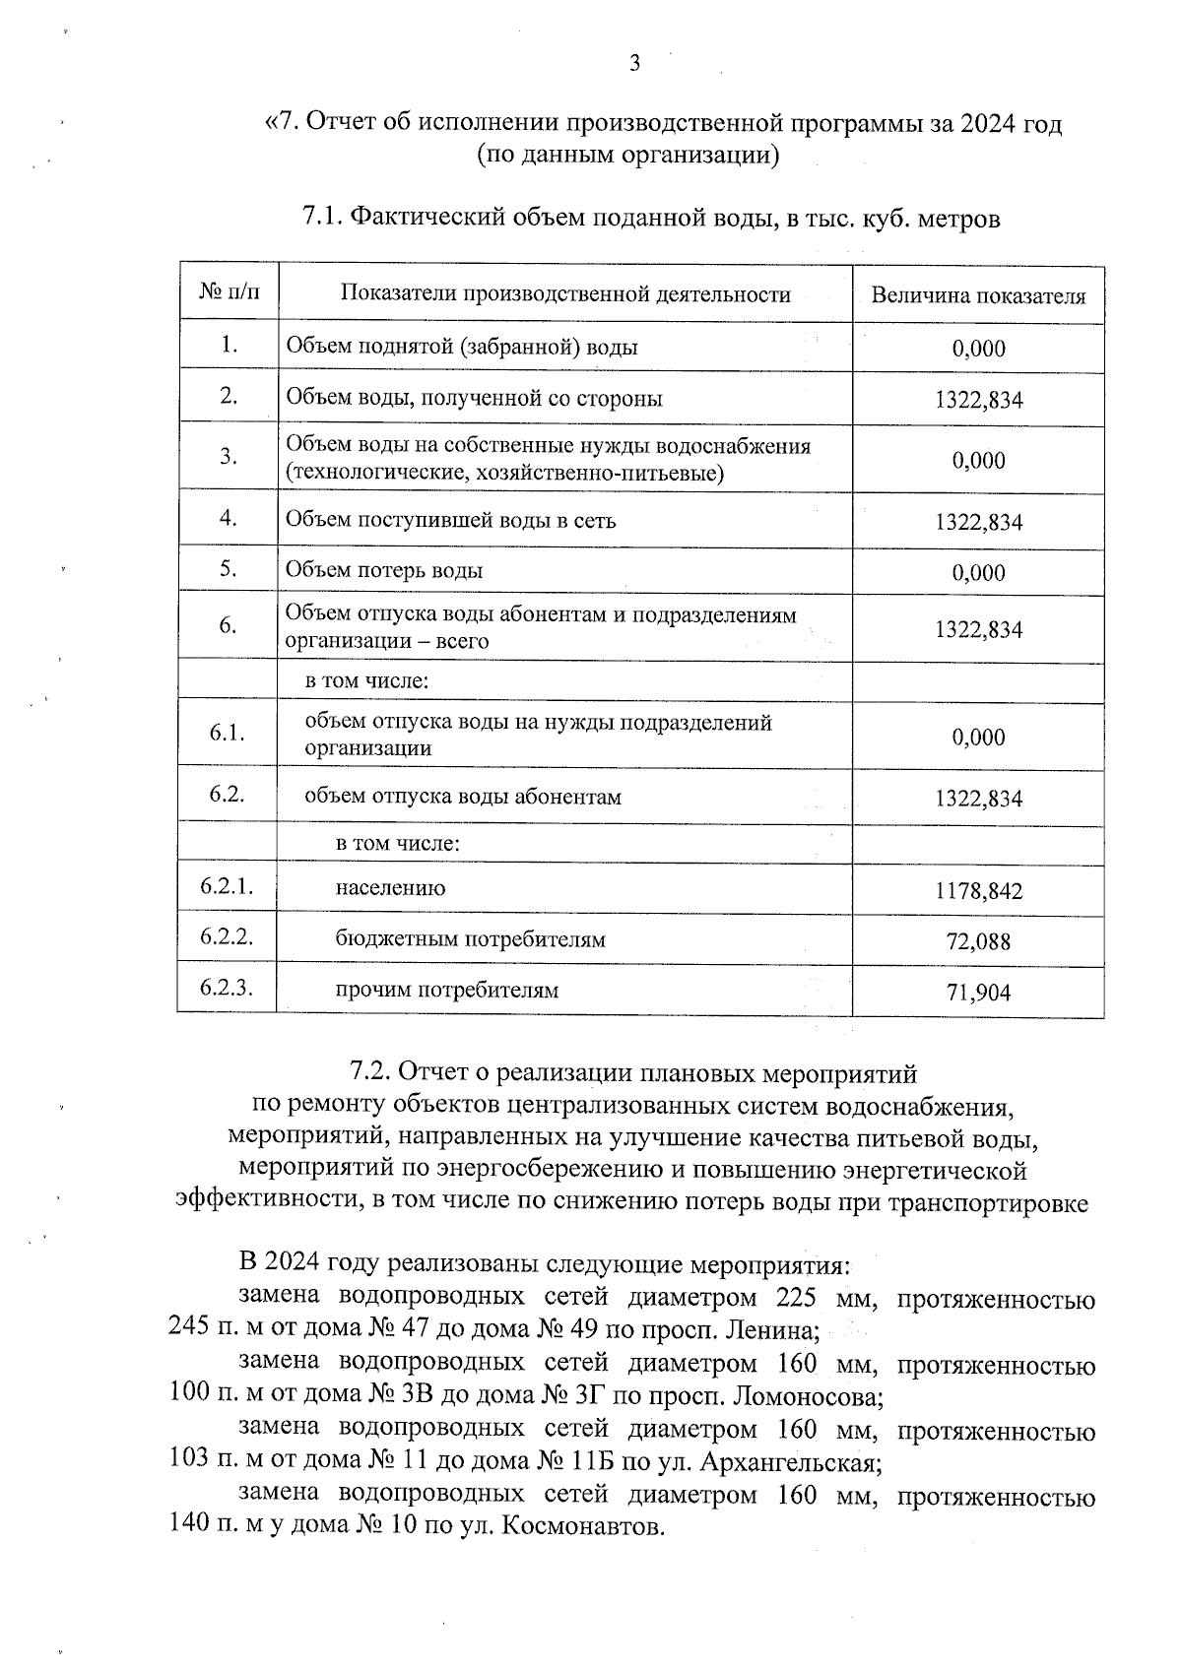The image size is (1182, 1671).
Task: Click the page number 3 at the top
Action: coord(634,65)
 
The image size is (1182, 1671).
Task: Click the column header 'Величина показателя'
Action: coord(978,296)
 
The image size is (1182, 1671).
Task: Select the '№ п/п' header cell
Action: coord(229,292)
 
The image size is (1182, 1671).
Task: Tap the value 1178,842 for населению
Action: coord(978,892)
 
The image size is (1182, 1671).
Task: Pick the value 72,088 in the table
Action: coord(978,942)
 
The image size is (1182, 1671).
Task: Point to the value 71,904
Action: coord(978,993)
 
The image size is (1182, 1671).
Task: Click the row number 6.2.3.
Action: coord(227,988)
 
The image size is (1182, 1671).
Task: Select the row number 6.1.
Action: coord(227,734)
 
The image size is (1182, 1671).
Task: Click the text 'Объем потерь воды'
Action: coord(384,570)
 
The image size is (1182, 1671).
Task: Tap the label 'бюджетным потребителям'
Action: coord(470,938)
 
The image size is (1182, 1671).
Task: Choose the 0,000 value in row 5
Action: coord(978,573)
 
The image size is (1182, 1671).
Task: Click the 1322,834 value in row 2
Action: coord(978,400)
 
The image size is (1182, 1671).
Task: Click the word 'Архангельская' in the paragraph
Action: coord(793,1462)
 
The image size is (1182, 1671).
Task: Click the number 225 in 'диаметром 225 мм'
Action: coord(797,1299)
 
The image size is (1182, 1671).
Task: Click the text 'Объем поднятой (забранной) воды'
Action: coord(461,347)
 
